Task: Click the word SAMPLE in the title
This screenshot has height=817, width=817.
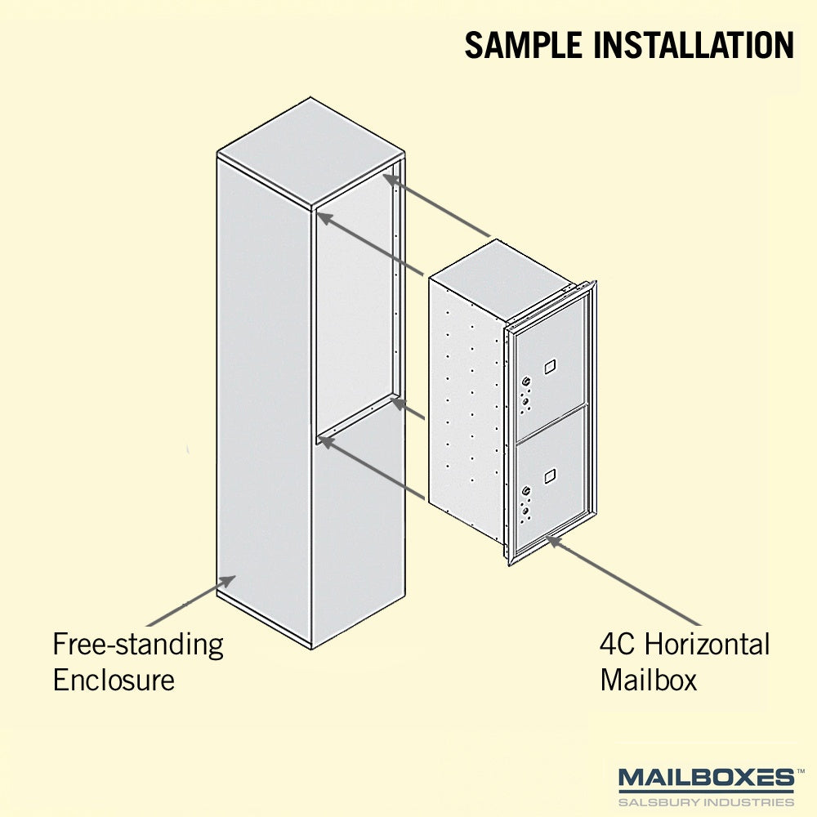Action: pyautogui.click(x=524, y=45)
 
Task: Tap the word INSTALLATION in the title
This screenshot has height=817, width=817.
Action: pyautogui.click(x=694, y=45)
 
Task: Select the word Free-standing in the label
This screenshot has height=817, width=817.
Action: pyautogui.click(x=138, y=645)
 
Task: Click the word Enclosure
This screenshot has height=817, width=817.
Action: pyautogui.click(x=114, y=680)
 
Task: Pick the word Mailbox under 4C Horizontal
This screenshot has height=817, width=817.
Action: pyautogui.click(x=648, y=680)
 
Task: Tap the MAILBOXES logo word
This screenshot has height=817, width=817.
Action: pyautogui.click(x=707, y=779)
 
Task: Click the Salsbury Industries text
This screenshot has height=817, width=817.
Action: pyautogui.click(x=707, y=801)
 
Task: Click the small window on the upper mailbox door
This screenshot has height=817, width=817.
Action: pyautogui.click(x=550, y=366)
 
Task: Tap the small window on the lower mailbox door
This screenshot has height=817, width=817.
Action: pyautogui.click(x=550, y=475)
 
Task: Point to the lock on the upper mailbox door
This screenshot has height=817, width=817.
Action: pyautogui.click(x=526, y=382)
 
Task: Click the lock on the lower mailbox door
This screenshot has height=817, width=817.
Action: pyautogui.click(x=526, y=491)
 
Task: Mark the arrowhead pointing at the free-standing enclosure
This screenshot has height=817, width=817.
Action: pyautogui.click(x=227, y=583)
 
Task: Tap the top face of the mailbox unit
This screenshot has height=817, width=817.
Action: pyautogui.click(x=502, y=280)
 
